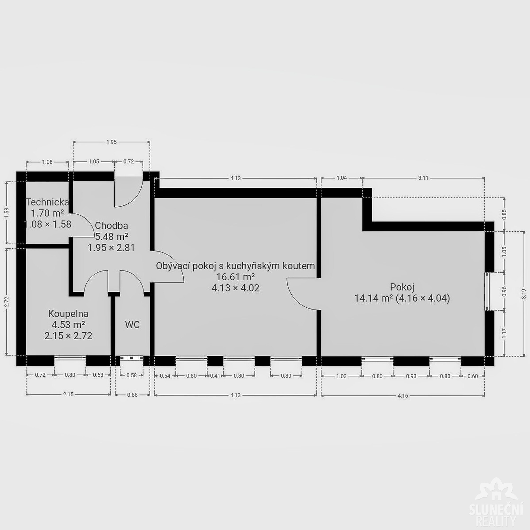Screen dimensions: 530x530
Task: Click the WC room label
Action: click(132, 325)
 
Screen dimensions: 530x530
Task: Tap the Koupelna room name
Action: click(68, 313)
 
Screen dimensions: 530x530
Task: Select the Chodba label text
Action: click(111, 226)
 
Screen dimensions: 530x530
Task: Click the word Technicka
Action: click(47, 202)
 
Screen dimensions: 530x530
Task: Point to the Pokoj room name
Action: click(402, 287)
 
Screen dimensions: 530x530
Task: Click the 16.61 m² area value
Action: click(235, 277)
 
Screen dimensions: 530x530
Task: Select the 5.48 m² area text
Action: click(111, 236)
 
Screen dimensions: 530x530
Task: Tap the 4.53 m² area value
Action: click(68, 325)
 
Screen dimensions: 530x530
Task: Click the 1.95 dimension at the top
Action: click(111, 142)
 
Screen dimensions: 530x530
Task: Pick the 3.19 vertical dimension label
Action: click(524, 294)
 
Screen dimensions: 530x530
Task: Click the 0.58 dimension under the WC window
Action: click(132, 375)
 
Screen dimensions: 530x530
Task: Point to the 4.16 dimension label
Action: click(403, 396)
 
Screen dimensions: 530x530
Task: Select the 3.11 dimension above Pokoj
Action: click(423, 178)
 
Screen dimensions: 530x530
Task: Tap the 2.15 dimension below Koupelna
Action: click(68, 395)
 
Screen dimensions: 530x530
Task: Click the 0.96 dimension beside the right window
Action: click(504, 291)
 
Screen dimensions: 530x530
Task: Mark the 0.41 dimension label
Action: click(215, 376)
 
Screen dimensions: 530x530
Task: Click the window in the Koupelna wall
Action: click(70, 361)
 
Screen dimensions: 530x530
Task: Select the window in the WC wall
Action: click(132, 361)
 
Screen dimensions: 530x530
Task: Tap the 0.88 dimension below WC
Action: click(132, 395)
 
